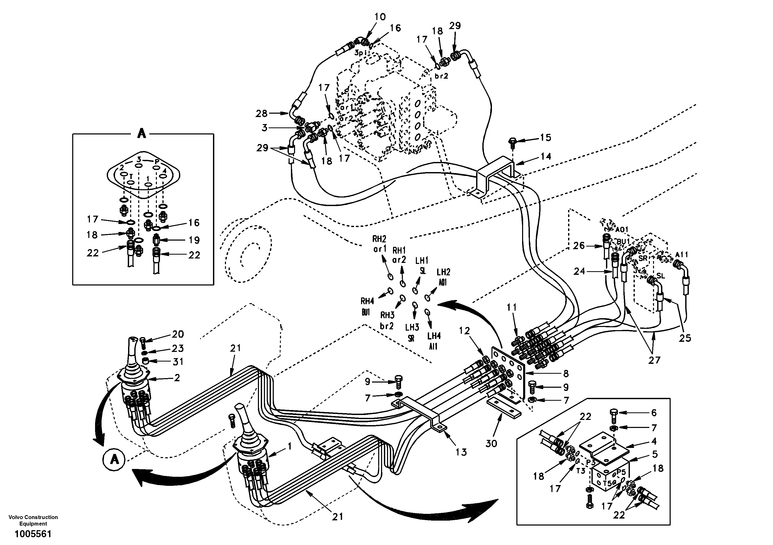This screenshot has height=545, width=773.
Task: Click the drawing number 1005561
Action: (33, 534)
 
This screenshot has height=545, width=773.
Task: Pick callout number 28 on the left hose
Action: (261, 113)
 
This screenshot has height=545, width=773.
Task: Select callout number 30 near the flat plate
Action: (491, 444)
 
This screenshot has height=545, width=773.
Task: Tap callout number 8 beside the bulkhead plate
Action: (566, 373)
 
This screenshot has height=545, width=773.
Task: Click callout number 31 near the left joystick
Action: (178, 362)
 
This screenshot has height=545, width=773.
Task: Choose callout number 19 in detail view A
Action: (194, 240)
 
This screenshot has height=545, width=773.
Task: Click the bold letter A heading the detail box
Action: (142, 134)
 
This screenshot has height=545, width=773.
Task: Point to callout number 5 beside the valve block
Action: (655, 454)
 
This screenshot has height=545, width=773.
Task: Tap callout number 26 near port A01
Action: (579, 246)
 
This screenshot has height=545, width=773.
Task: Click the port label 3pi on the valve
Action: (362, 53)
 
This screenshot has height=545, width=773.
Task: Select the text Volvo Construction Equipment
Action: (33, 520)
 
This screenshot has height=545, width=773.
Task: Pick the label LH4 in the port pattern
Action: (434, 336)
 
